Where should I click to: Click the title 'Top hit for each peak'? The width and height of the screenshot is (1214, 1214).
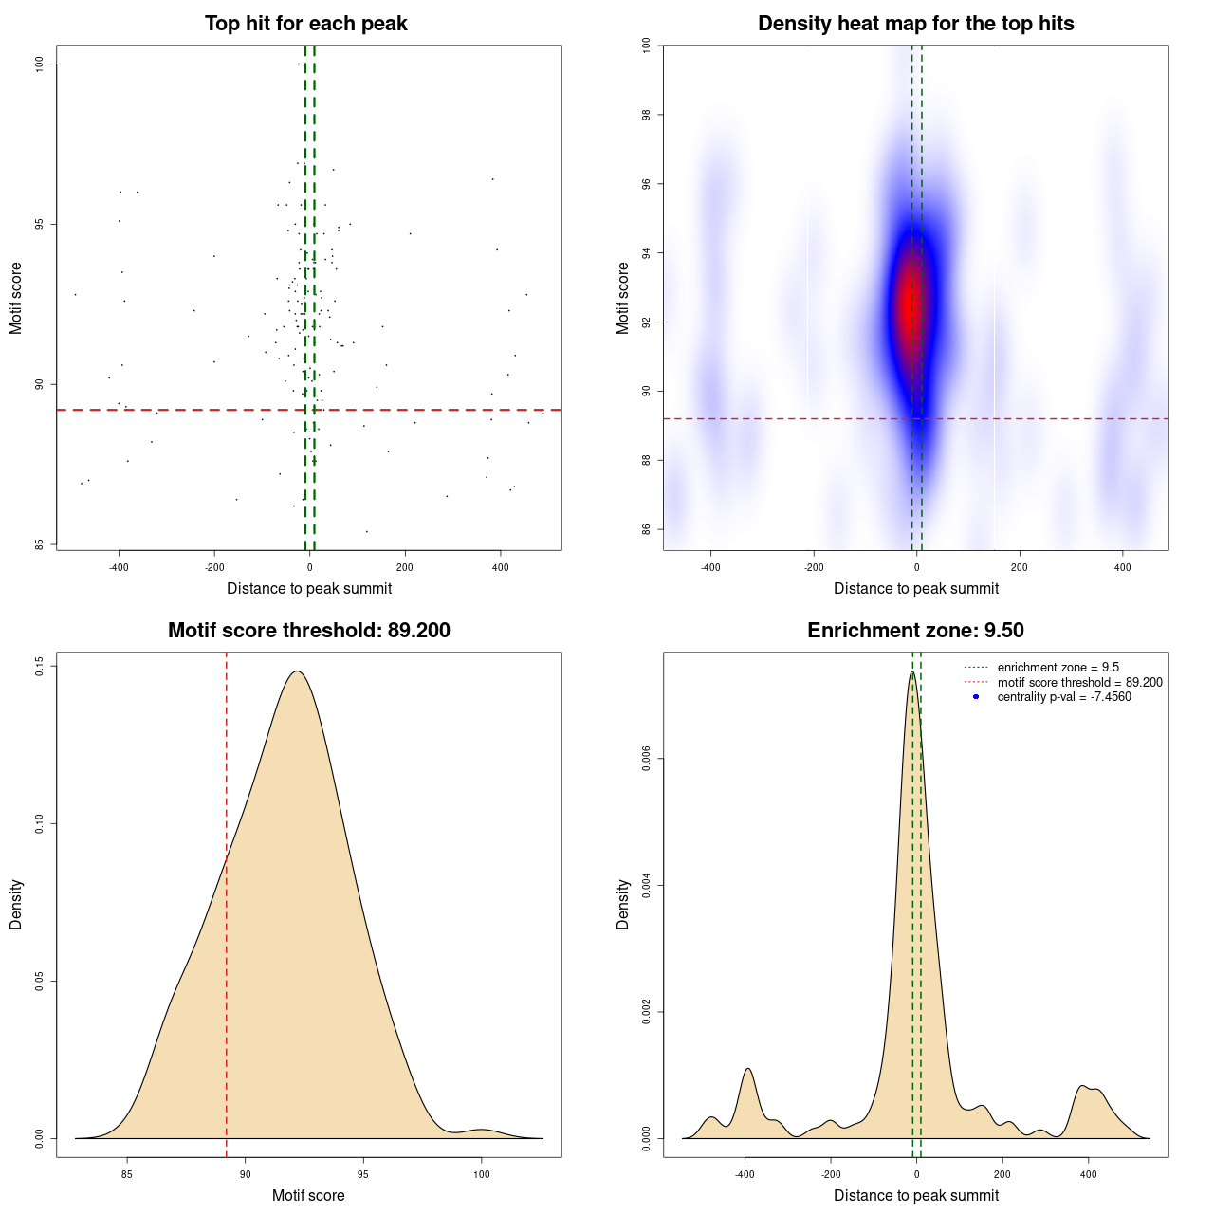tap(305, 24)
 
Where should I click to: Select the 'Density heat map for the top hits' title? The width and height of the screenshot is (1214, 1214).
tap(915, 24)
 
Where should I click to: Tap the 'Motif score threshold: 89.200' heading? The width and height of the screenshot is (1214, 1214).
tap(308, 631)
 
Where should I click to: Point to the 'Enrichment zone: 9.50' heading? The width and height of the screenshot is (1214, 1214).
tap(915, 631)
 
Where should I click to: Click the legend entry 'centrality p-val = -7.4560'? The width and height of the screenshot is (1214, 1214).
tap(1063, 697)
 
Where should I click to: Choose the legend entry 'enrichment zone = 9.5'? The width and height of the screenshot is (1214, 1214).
tap(1058, 668)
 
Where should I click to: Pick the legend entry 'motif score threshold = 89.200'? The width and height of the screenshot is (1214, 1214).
tap(1079, 683)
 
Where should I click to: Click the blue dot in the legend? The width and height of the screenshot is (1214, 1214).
tap(976, 697)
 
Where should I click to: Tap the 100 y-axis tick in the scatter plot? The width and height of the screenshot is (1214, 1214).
tap(40, 64)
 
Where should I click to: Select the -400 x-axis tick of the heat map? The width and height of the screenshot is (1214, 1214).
tap(710, 568)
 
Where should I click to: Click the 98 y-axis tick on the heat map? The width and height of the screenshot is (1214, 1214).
tap(647, 115)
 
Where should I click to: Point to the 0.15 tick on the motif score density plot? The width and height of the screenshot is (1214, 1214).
tap(40, 667)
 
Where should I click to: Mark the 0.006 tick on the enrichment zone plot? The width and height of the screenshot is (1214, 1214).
tap(647, 759)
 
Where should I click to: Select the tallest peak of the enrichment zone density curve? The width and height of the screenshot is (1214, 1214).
tap(912, 671)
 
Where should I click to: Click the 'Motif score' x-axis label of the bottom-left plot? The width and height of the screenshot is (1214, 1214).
tap(308, 1195)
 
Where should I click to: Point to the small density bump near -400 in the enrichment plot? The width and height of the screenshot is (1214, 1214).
tap(748, 1069)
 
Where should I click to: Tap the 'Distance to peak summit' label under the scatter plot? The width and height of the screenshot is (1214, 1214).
tap(309, 588)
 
